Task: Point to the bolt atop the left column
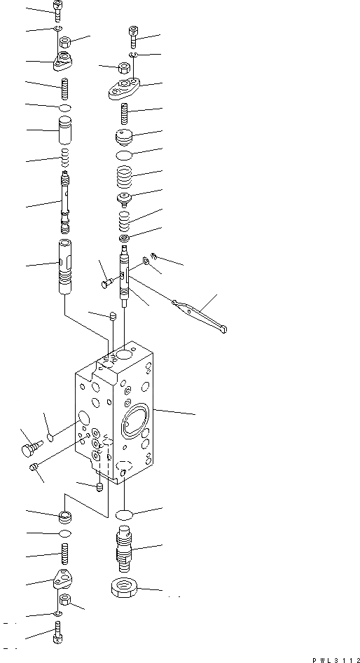pos(58,8)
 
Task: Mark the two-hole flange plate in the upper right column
pos(125,89)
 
